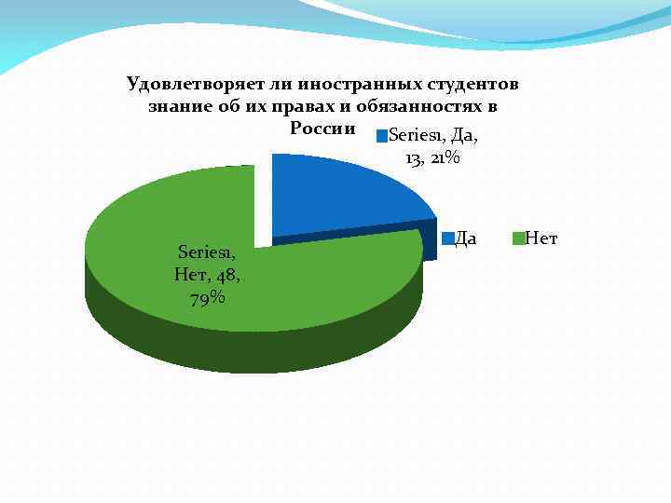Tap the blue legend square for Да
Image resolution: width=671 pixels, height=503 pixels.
(x=447, y=239)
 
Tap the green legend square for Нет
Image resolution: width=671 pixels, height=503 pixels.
(x=520, y=239)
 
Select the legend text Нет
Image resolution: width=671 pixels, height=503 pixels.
(x=541, y=239)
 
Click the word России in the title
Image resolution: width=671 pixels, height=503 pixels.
(x=322, y=128)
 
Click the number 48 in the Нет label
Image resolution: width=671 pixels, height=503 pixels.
(x=227, y=275)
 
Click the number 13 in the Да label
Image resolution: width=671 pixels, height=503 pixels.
(x=415, y=158)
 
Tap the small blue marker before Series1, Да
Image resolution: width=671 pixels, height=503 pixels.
(x=380, y=136)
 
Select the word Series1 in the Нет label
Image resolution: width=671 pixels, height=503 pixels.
(x=206, y=251)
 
